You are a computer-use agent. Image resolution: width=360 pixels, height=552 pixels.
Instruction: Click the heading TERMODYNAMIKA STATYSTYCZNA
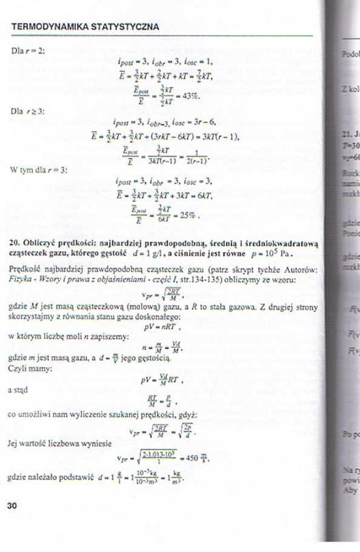(x=85, y=27)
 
